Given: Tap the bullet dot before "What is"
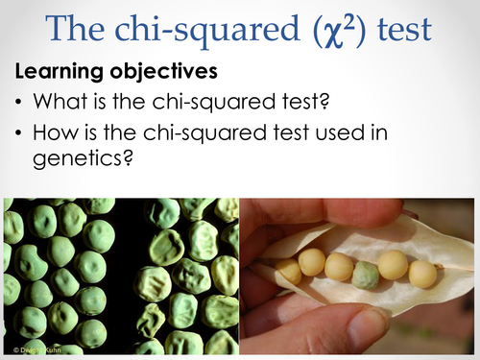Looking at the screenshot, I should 19,100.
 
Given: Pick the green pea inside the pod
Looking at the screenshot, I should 365,276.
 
